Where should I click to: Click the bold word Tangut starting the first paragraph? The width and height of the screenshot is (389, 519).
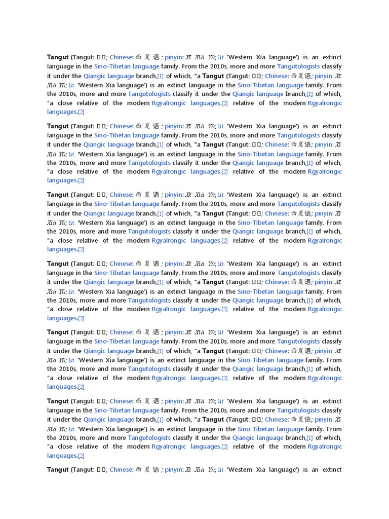tap(58, 57)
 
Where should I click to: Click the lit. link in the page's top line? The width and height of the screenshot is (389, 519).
tap(221, 57)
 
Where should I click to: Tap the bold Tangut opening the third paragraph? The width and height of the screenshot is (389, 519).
tap(58, 195)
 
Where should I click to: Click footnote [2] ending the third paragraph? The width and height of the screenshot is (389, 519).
tap(81, 249)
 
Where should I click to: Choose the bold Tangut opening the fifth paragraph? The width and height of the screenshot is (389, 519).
tap(58, 332)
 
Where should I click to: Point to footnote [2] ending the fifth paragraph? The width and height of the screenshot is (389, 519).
tap(81, 387)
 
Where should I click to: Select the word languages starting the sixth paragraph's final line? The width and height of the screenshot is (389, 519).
tap(62, 455)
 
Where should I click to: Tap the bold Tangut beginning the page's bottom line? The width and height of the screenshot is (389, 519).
tap(58, 469)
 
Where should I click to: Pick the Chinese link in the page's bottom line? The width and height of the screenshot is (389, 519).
tap(121, 469)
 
